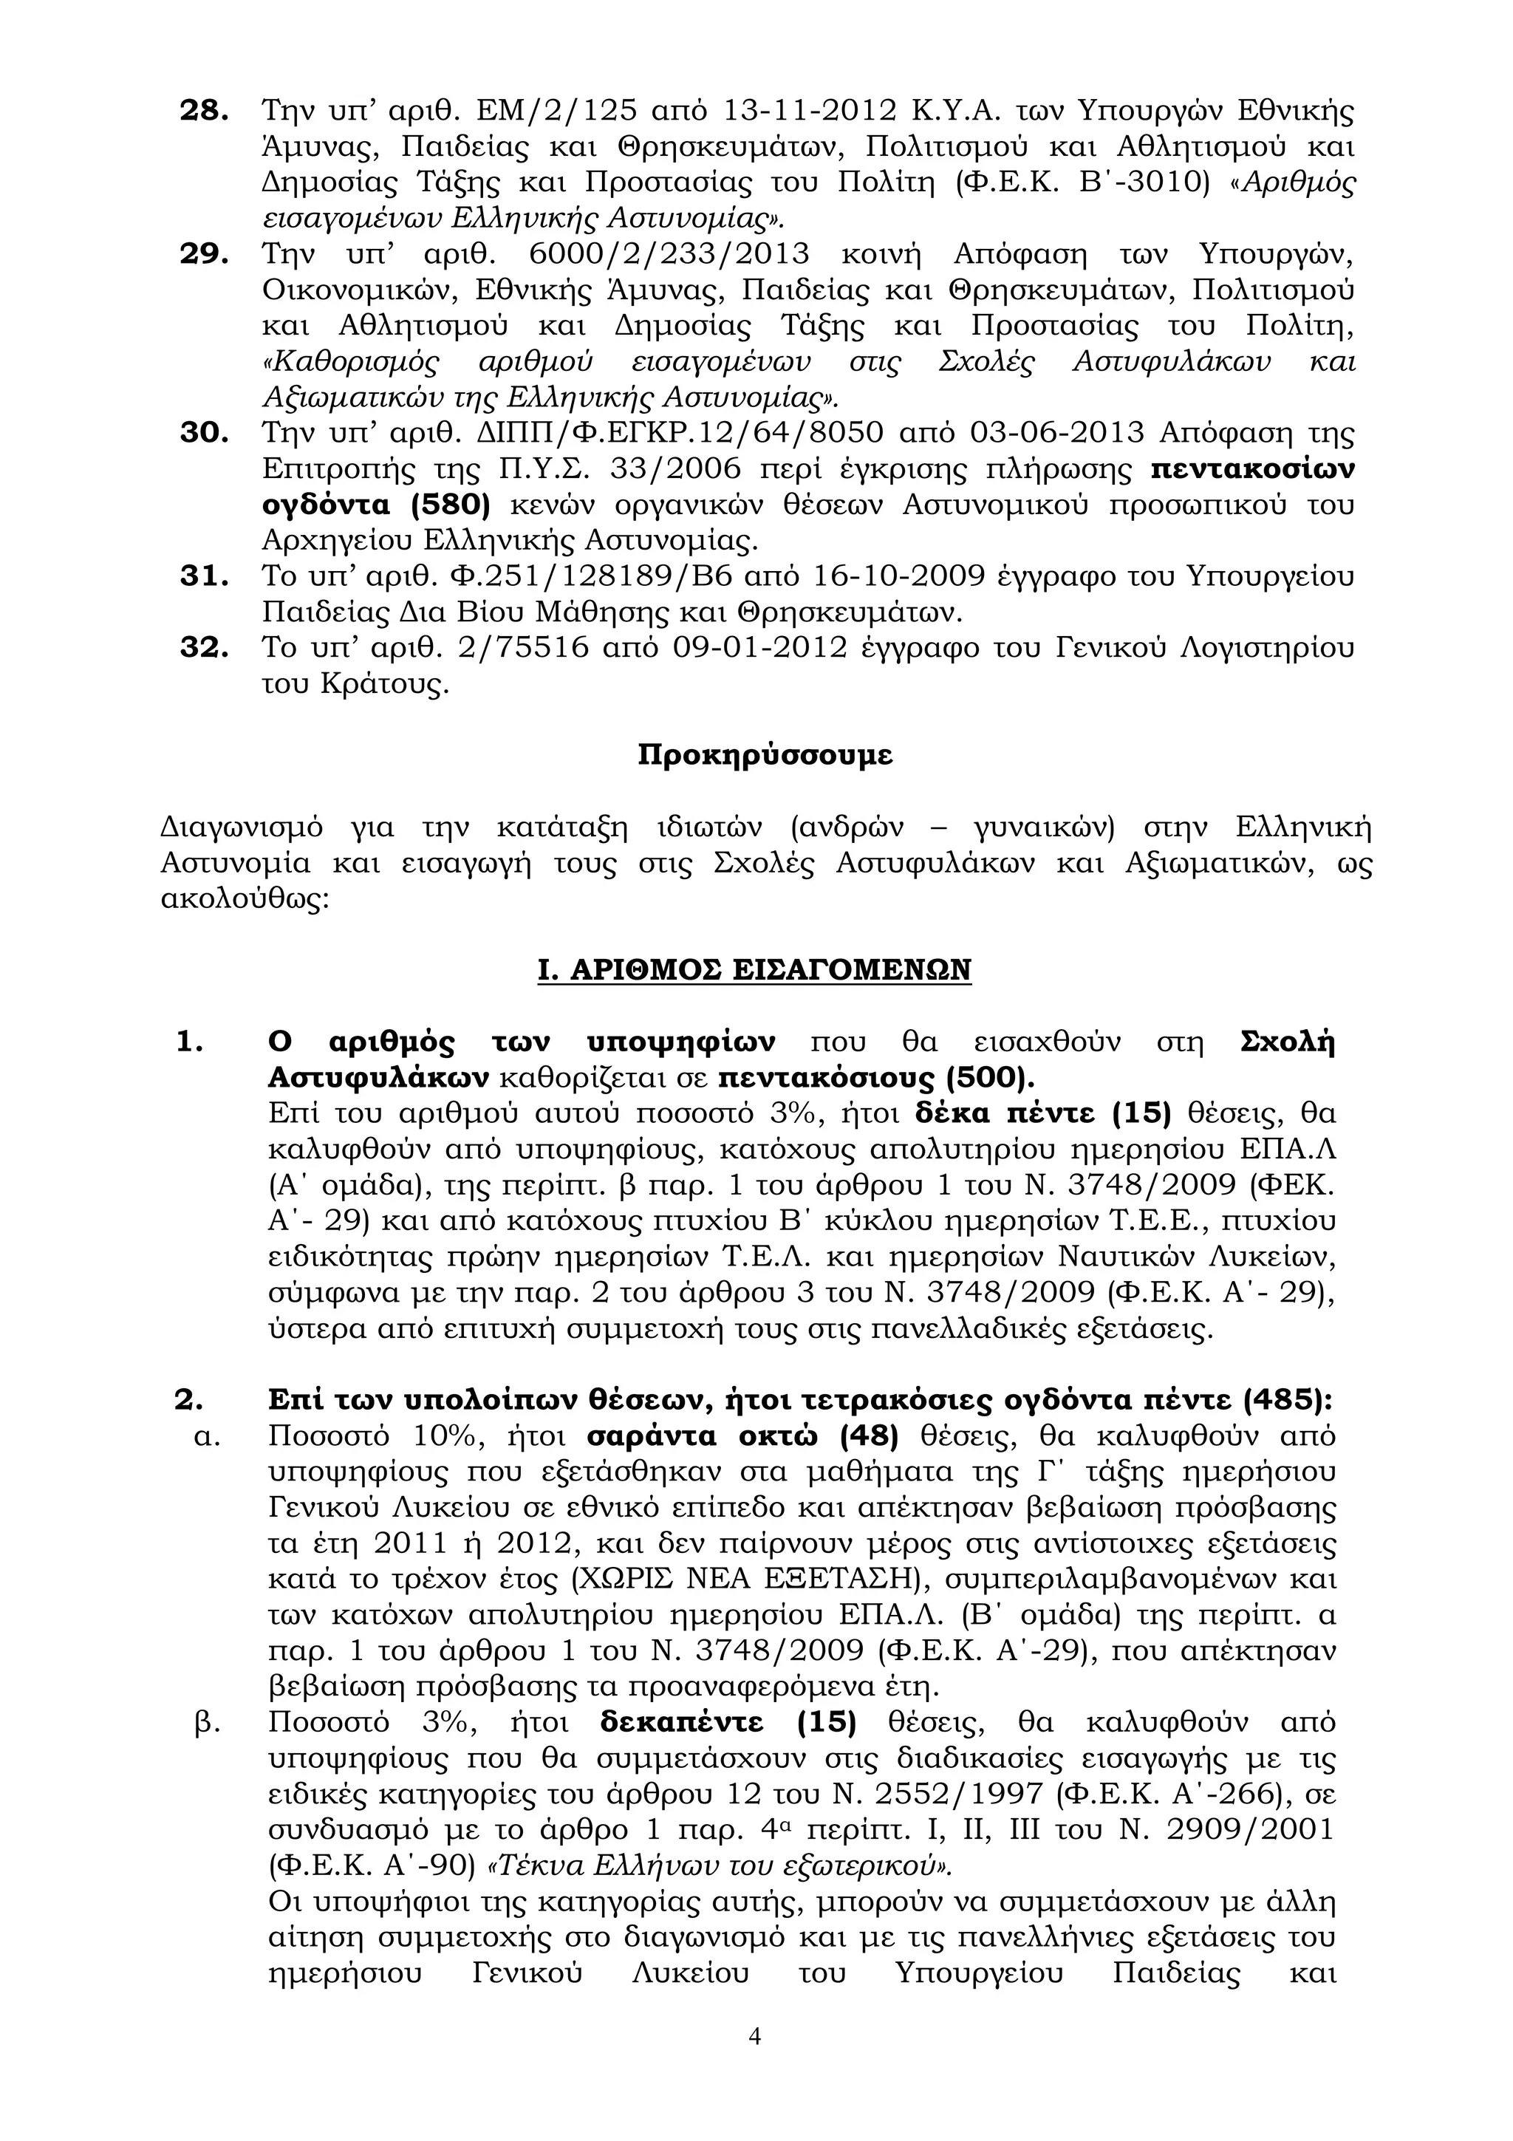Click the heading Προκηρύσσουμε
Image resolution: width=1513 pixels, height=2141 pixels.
[765, 754]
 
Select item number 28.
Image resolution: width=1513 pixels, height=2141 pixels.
[203, 110]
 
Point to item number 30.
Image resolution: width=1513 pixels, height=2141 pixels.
[203, 433]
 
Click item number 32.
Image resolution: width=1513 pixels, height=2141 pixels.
[203, 647]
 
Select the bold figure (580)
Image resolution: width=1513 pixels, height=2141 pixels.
[449, 505]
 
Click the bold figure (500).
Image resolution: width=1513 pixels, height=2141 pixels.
[990, 1078]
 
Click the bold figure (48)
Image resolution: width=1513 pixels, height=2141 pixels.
[868, 1436]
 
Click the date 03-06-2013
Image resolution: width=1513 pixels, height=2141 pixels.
[1057, 433]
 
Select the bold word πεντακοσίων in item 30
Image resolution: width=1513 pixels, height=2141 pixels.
[1253, 469]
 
